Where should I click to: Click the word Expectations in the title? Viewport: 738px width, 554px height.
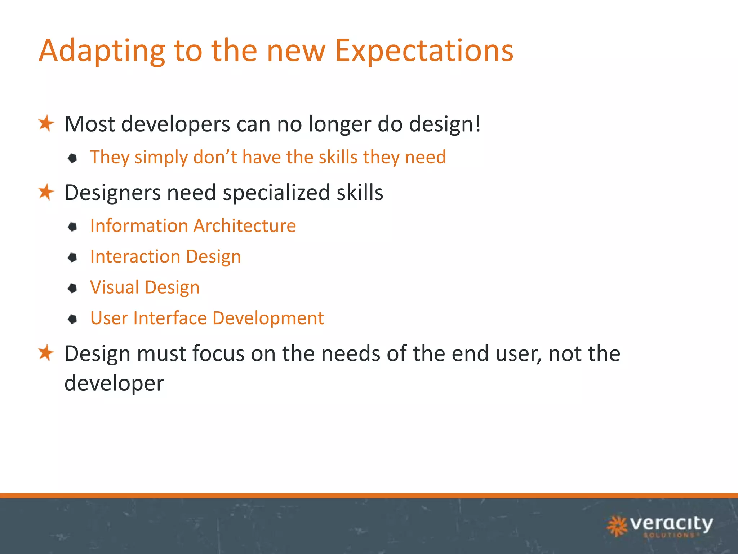(x=424, y=51)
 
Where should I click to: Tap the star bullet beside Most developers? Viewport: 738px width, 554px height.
(x=46, y=123)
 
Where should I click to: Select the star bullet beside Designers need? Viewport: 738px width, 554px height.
(x=46, y=192)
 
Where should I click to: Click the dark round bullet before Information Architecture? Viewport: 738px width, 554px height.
(x=73, y=227)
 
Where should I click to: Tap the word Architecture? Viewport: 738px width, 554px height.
(x=245, y=226)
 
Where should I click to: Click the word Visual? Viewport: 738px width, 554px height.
(x=115, y=287)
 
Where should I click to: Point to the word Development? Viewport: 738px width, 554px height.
(x=268, y=318)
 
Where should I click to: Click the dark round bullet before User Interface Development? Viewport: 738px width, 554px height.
(x=73, y=319)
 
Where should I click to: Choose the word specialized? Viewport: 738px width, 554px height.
(x=276, y=193)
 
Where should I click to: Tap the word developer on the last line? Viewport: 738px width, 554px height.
(x=114, y=383)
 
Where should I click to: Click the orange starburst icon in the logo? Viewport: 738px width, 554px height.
(x=617, y=526)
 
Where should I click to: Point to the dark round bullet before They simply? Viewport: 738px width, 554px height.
(x=73, y=158)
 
